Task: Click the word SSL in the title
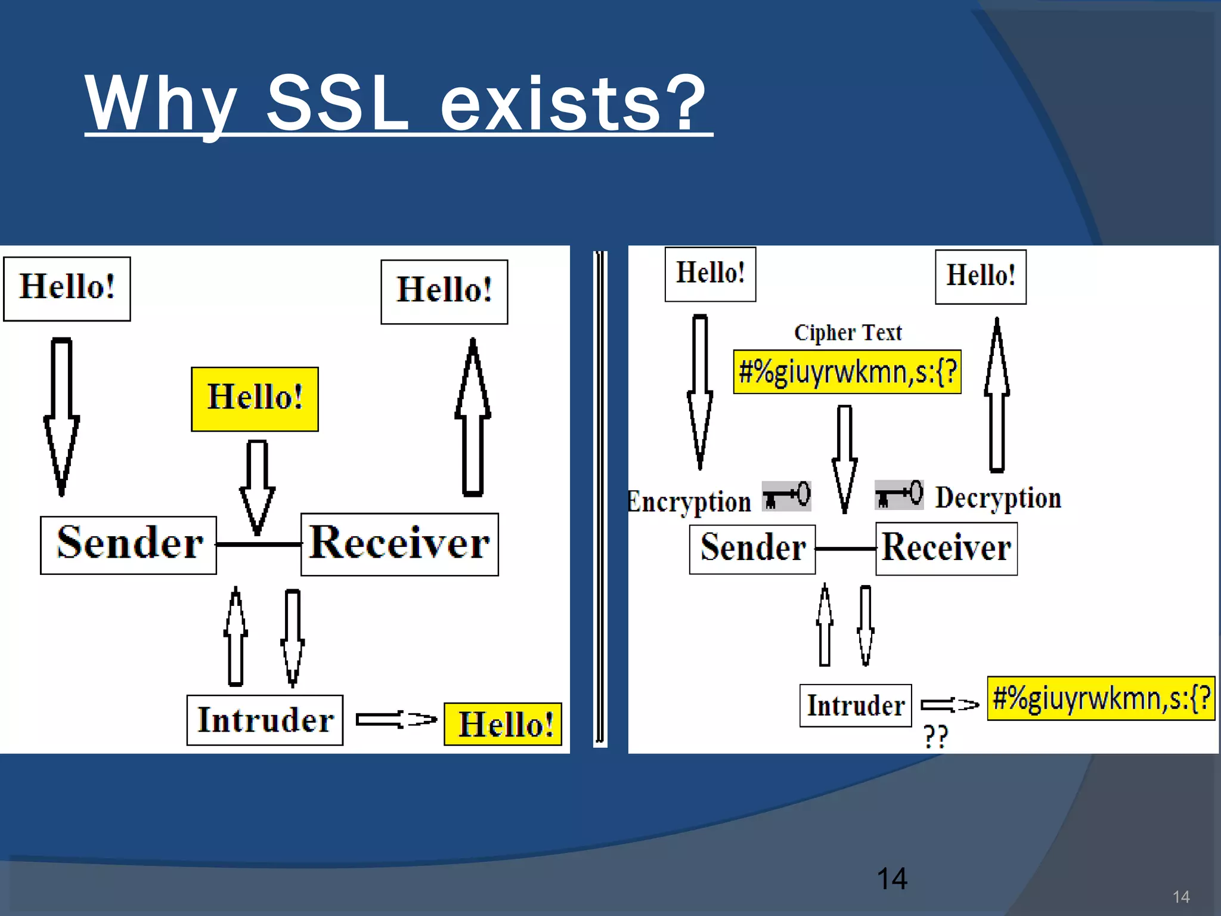(x=337, y=104)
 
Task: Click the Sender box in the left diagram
(x=128, y=545)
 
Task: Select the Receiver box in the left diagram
(x=399, y=544)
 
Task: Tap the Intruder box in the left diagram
(x=265, y=720)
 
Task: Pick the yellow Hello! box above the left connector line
(x=255, y=399)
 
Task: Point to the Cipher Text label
(x=847, y=333)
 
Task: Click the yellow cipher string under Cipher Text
(x=847, y=372)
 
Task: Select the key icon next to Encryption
(x=786, y=496)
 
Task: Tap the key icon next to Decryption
(x=899, y=494)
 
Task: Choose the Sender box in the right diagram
(x=752, y=549)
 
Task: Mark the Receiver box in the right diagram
(x=946, y=549)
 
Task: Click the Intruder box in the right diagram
(x=856, y=705)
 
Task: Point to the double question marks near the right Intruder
(x=935, y=737)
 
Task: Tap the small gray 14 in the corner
(x=1180, y=897)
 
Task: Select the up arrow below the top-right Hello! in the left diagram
(x=473, y=417)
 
